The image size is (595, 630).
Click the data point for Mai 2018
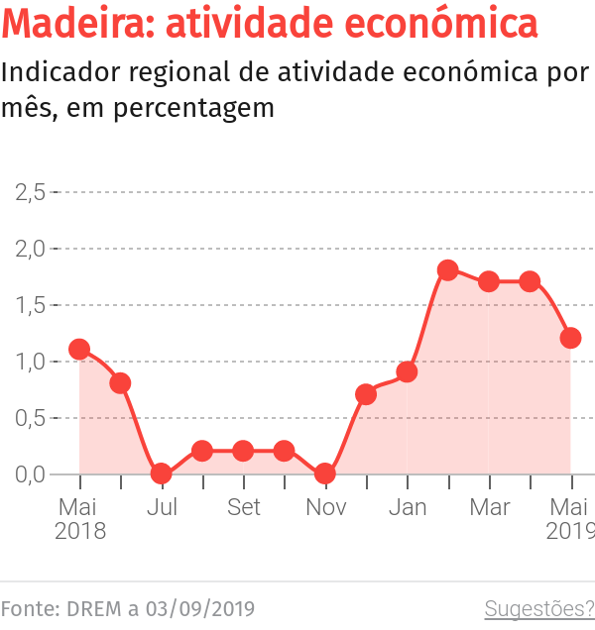click(x=79, y=349)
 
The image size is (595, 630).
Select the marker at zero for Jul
click(x=162, y=473)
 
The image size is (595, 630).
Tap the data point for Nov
click(x=325, y=473)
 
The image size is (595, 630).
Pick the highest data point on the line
click(x=447, y=270)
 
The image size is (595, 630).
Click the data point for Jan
click(x=407, y=371)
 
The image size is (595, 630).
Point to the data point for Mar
click(x=489, y=281)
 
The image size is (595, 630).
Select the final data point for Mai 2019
click(x=570, y=338)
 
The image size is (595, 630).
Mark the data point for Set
click(x=243, y=451)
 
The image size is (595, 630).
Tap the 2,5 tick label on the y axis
click(x=31, y=191)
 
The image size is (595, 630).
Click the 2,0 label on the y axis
click(x=31, y=248)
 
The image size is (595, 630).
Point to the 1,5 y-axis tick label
click(x=31, y=305)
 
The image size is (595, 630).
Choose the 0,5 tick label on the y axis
click(x=31, y=418)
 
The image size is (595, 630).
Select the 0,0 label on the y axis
click(x=31, y=474)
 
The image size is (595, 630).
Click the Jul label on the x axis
click(x=162, y=507)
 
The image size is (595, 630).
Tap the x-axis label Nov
click(x=325, y=507)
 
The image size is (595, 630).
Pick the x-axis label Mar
click(x=489, y=507)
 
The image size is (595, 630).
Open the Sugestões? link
click(x=538, y=607)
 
